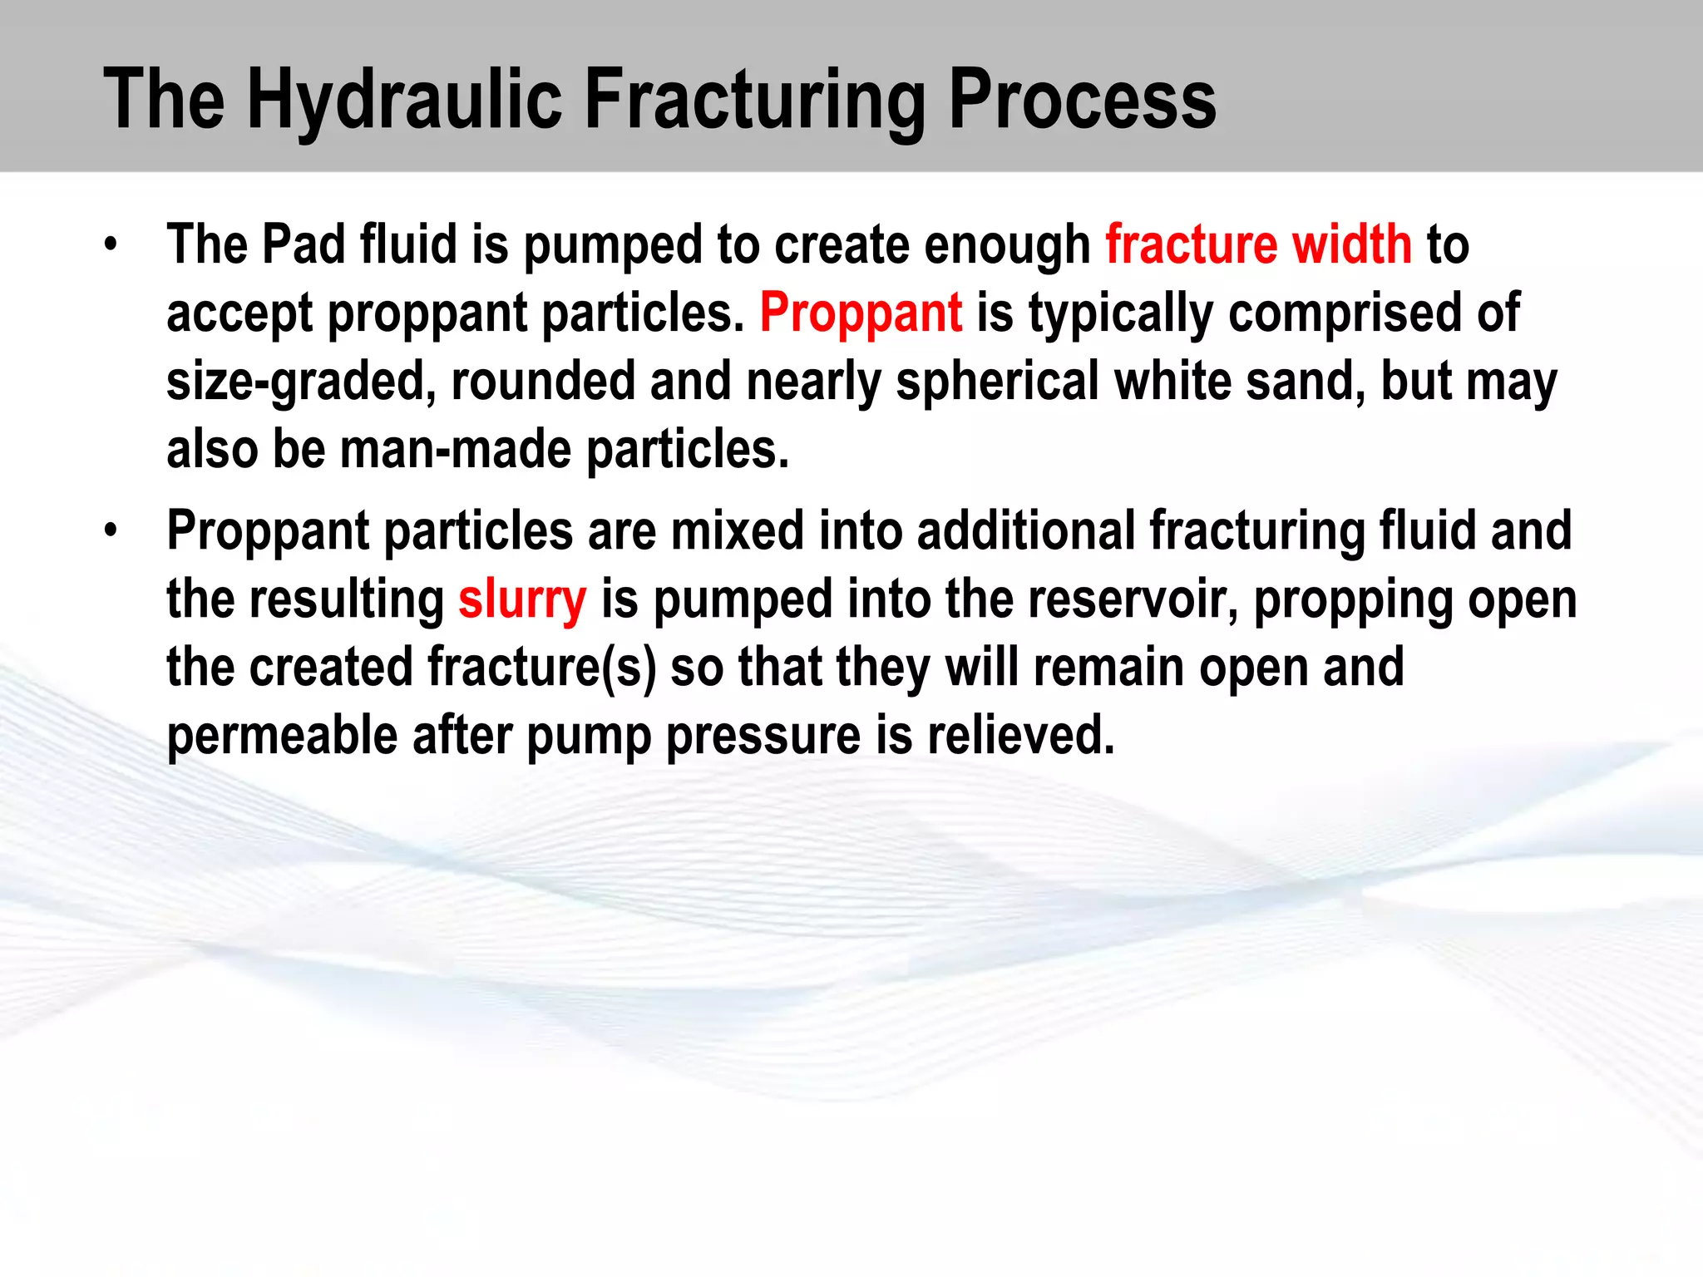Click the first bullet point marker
[x=111, y=245]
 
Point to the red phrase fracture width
[x=1258, y=245]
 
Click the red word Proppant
[x=861, y=313]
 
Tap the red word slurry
[x=522, y=599]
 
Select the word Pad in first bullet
[x=303, y=245]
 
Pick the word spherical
[x=997, y=382]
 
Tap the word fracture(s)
[x=541, y=668]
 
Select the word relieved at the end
[x=1020, y=736]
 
